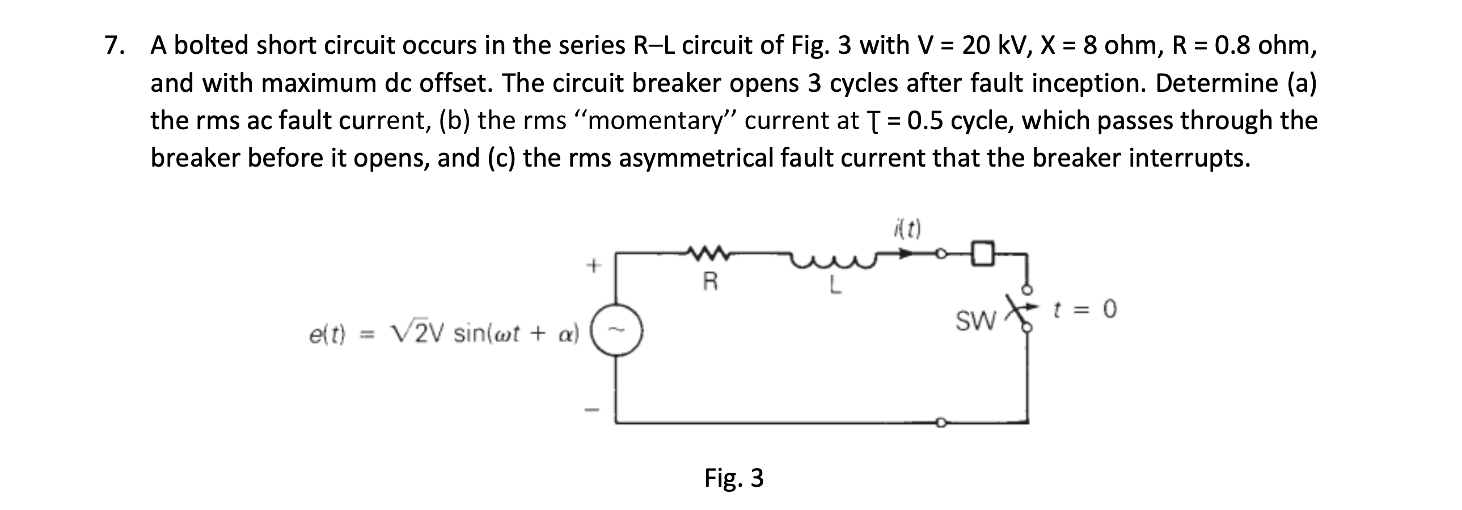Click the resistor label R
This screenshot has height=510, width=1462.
point(709,282)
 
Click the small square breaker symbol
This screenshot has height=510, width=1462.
point(982,253)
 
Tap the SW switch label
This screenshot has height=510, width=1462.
point(975,322)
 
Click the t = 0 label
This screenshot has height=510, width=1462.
point(1084,310)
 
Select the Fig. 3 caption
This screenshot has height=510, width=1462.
point(733,478)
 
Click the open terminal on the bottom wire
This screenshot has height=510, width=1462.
point(940,422)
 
